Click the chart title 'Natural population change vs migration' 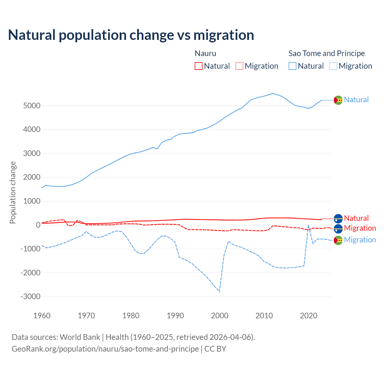click(x=131, y=35)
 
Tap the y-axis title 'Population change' click(x=13, y=192)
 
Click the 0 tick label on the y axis click(x=38, y=225)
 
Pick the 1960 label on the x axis click(x=42, y=316)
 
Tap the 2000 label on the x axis click(x=220, y=316)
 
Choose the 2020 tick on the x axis click(x=309, y=316)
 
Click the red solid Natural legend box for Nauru click(x=199, y=66)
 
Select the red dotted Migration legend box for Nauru click(x=239, y=66)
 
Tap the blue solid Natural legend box click(x=292, y=66)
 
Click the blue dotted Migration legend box click(x=333, y=66)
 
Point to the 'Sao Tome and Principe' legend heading click(x=326, y=53)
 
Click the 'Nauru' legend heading click(x=205, y=53)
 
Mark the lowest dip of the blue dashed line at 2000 click(x=220, y=292)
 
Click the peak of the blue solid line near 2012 click(x=273, y=93)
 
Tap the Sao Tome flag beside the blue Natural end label click(x=338, y=100)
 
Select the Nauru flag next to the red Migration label click(x=338, y=229)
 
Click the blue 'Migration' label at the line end click(x=360, y=240)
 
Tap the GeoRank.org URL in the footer click(x=105, y=349)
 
